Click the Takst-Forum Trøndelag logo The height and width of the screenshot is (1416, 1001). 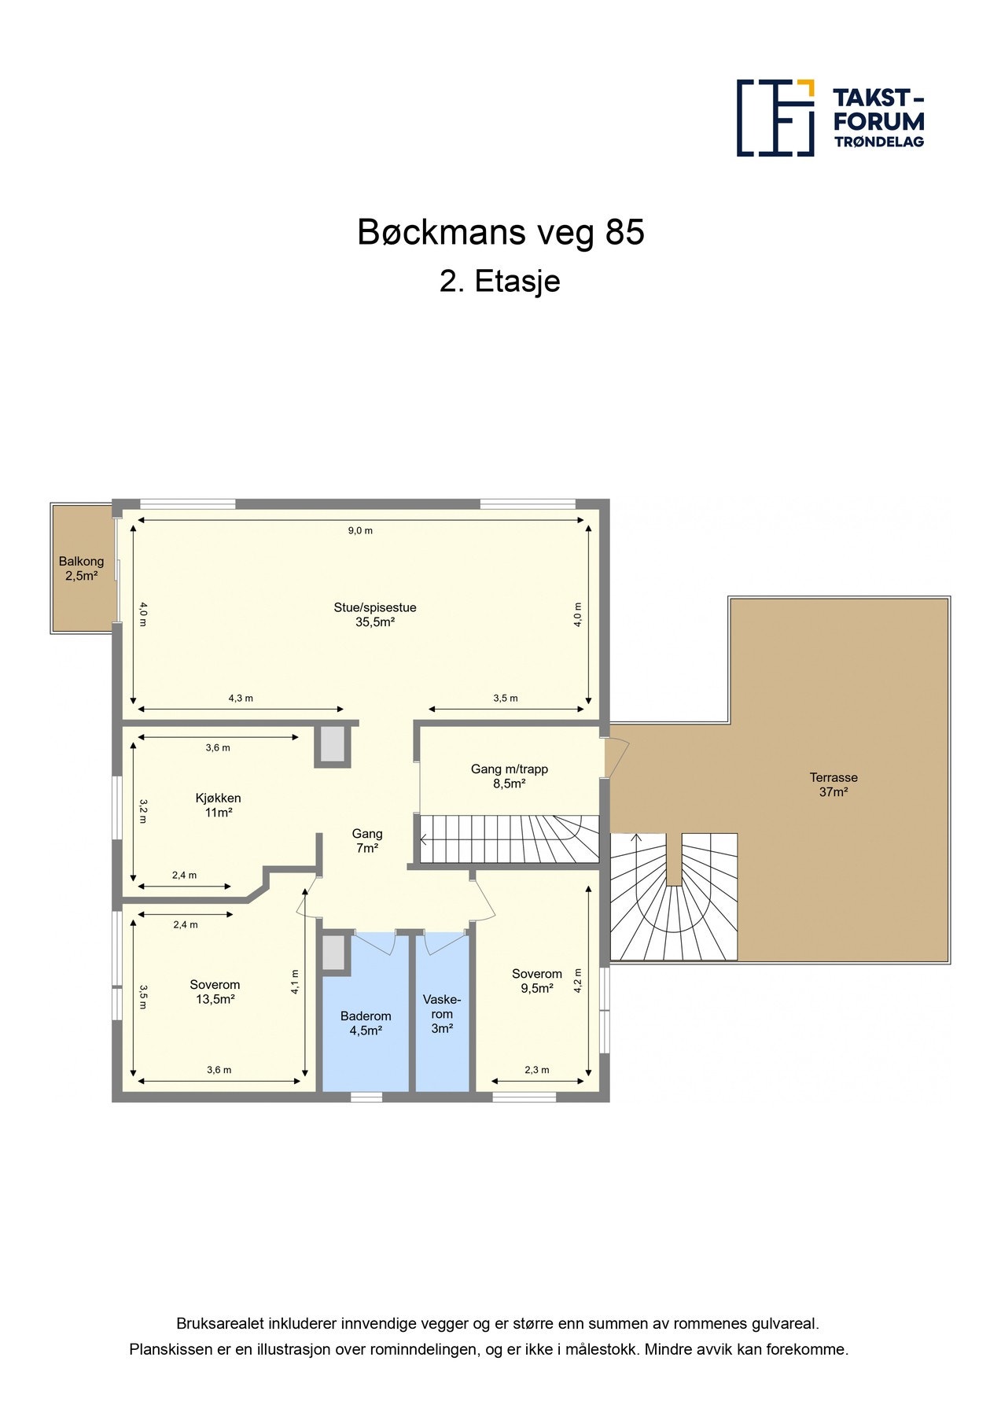[x=830, y=118]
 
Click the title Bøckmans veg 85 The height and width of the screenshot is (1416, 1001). [x=501, y=232]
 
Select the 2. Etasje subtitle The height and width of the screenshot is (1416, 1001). [x=500, y=282]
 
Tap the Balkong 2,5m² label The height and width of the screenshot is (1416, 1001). [x=81, y=569]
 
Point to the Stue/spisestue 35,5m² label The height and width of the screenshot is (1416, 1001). [x=375, y=614]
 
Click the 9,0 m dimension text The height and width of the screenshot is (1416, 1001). [x=360, y=530]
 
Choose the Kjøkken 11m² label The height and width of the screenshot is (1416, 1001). [x=218, y=806]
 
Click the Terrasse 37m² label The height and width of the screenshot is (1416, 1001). [x=834, y=785]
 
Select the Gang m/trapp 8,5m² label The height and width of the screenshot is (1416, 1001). [x=510, y=776]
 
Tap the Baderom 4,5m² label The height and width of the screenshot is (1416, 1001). [x=366, y=1023]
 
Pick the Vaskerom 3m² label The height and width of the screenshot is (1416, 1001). [x=442, y=1014]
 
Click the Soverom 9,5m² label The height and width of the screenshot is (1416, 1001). [x=537, y=981]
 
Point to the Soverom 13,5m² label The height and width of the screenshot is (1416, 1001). [x=215, y=992]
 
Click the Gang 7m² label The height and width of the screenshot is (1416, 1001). [x=367, y=841]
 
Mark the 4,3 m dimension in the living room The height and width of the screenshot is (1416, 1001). [x=241, y=698]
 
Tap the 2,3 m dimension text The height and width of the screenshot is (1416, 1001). [x=537, y=1070]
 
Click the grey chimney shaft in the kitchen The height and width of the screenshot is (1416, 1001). [x=333, y=744]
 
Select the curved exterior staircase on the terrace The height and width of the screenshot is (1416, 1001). [x=674, y=897]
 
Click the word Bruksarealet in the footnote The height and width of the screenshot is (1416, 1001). [x=219, y=1324]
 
